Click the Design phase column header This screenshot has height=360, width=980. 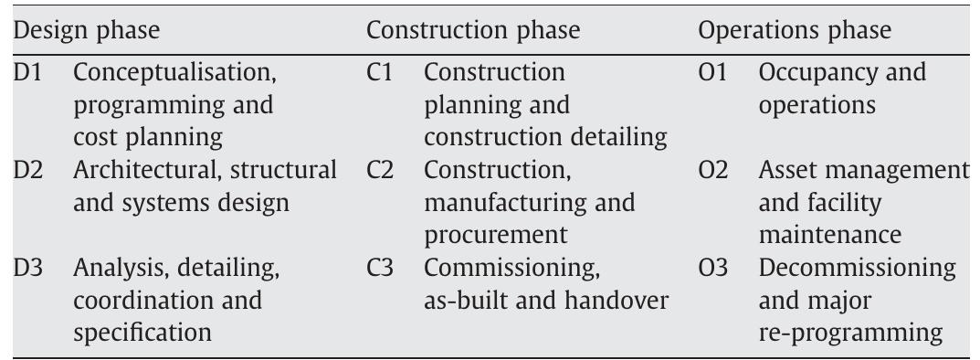tap(86, 30)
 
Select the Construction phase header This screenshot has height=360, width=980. tap(472, 30)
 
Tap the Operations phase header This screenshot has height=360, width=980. tap(794, 30)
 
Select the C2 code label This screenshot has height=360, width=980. tap(380, 170)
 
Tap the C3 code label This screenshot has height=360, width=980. tap(380, 269)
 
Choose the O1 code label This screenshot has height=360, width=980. tap(712, 72)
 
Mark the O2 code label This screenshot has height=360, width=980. tap(713, 170)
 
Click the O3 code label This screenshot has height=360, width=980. tap(713, 269)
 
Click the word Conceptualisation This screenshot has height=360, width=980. tap(174, 72)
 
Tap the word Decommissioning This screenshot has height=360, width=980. tap(857, 269)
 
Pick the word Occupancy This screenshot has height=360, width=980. tap(808, 72)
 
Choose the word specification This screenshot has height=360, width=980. tap(142, 333)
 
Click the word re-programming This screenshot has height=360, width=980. tap(849, 333)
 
